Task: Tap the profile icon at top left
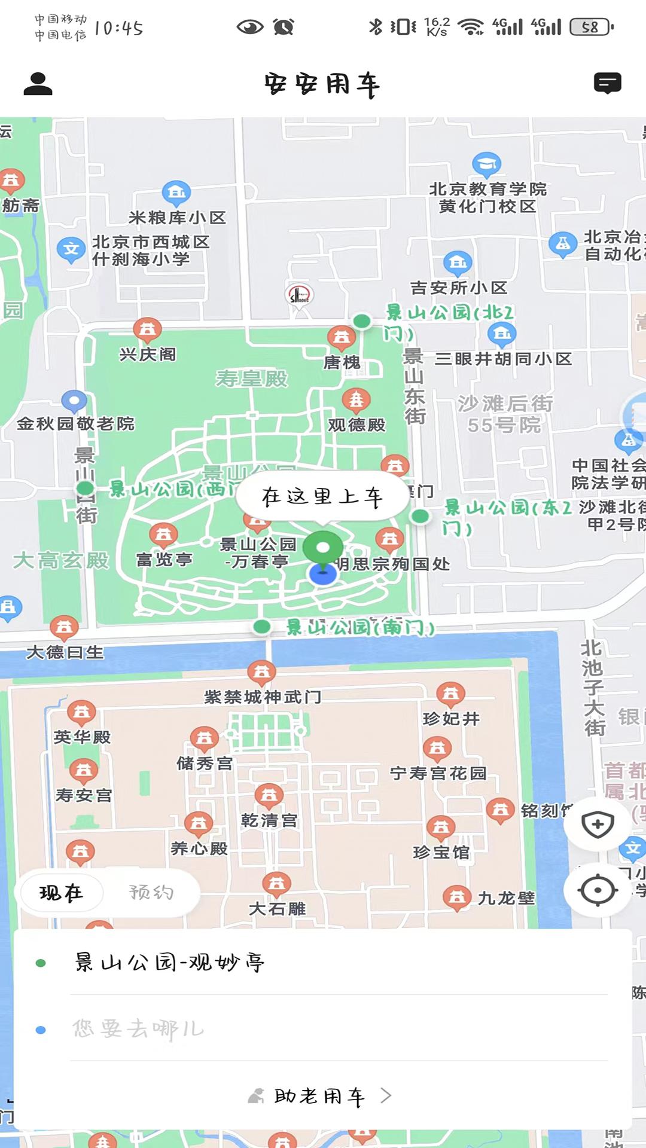click(x=38, y=84)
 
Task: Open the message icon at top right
click(x=607, y=84)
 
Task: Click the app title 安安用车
click(x=322, y=85)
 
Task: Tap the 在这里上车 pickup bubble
click(x=322, y=496)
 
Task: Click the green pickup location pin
click(x=323, y=547)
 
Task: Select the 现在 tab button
click(x=62, y=893)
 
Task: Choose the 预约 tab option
click(x=151, y=893)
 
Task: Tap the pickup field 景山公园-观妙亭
click(x=170, y=963)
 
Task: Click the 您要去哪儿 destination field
click(x=139, y=1029)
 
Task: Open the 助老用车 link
click(x=320, y=1096)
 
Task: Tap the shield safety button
click(x=598, y=825)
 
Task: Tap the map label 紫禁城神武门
click(x=263, y=697)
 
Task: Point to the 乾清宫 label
click(x=269, y=820)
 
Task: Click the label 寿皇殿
click(x=252, y=378)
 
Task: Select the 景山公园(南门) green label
click(x=360, y=627)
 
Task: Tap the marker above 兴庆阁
click(x=147, y=329)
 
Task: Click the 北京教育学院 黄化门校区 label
click(x=487, y=198)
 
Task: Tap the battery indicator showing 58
click(x=591, y=27)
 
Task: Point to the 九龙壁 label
click(x=506, y=898)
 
